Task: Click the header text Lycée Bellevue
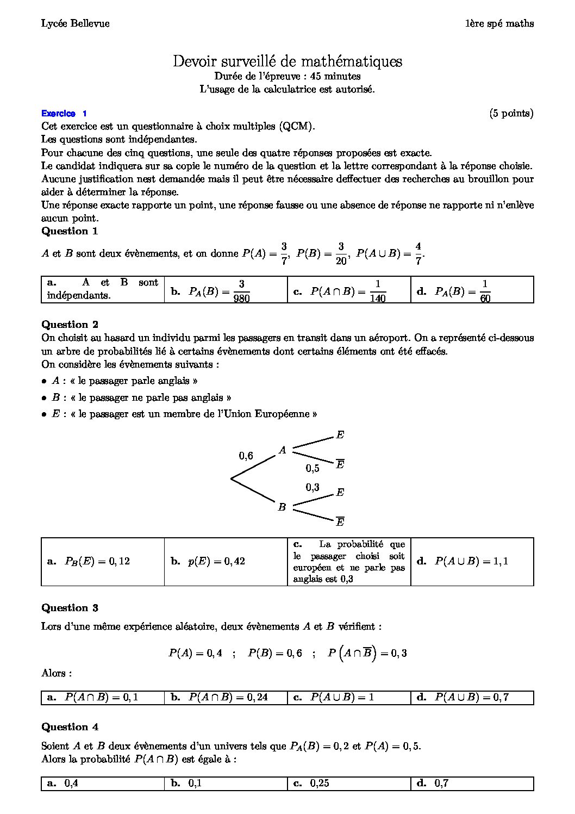(x=75, y=23)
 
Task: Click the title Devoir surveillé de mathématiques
(x=287, y=61)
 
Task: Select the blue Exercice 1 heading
(x=64, y=114)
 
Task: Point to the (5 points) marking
(x=511, y=113)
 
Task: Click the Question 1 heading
(x=70, y=231)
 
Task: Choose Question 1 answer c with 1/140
(x=348, y=290)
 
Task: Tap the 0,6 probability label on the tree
(x=246, y=456)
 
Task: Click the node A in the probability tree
(x=282, y=450)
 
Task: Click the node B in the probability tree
(x=282, y=507)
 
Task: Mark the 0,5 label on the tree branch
(x=312, y=468)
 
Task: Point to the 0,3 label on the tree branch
(x=312, y=487)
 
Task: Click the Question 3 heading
(x=70, y=608)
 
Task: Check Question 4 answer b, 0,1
(x=195, y=784)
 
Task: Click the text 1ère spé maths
(x=499, y=23)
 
